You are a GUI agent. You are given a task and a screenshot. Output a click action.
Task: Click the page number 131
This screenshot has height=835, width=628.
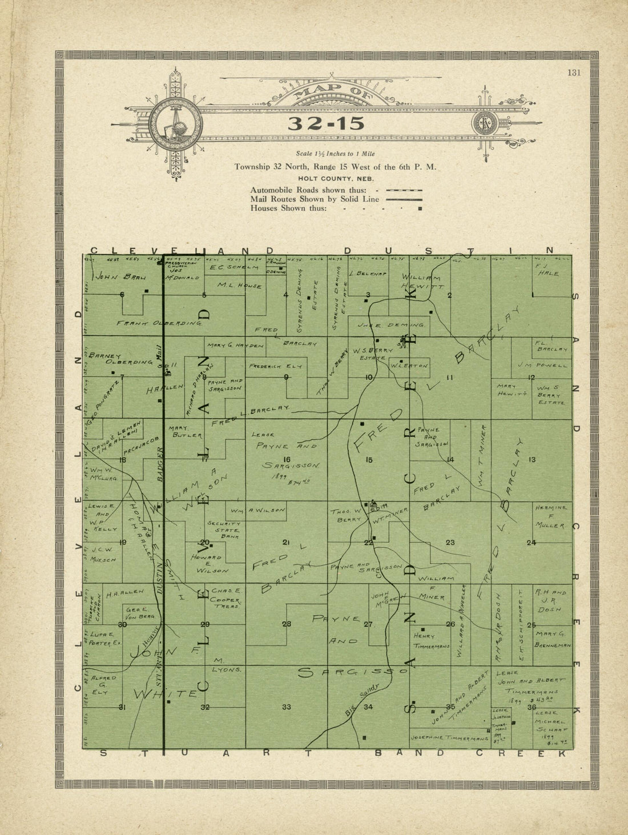pos(574,72)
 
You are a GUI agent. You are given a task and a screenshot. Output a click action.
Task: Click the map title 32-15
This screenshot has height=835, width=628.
pos(325,123)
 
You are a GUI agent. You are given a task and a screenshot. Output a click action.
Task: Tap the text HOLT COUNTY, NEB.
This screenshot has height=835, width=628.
pos(335,178)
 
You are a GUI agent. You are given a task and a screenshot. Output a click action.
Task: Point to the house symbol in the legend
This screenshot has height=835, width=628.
pos(420,209)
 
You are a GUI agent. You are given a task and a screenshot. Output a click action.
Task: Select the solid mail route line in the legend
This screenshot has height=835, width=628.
pos(404,199)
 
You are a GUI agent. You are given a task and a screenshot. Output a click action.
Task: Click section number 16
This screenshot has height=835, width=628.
pos(287,460)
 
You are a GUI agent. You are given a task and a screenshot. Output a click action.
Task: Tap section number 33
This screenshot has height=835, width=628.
pos(287,707)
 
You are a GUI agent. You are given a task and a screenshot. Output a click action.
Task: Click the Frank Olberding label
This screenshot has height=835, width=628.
pos(159,323)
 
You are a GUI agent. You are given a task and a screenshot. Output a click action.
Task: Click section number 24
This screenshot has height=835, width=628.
pos(531,543)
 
